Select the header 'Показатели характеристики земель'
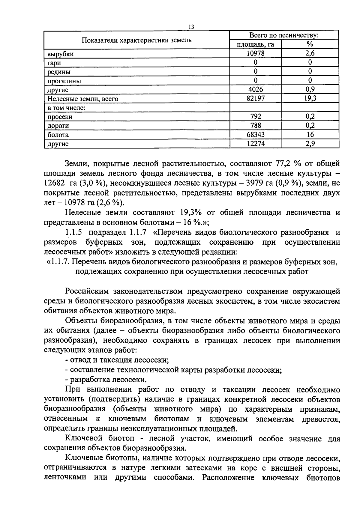click(x=137, y=40)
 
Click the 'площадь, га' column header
click(x=255, y=45)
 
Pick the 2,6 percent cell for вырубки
click(x=310, y=54)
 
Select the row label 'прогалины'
click(x=64, y=81)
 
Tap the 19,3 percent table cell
click(x=310, y=98)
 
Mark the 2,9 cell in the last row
click(x=310, y=144)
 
